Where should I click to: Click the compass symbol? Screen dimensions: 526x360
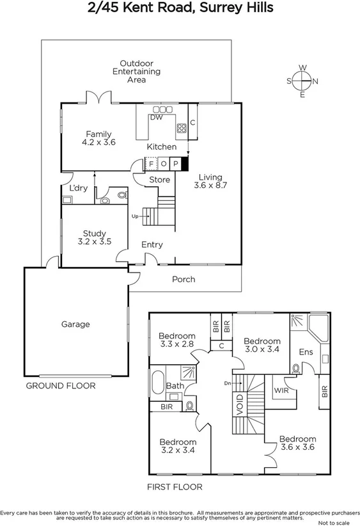[302, 81]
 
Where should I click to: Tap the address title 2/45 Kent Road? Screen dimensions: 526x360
[180, 8]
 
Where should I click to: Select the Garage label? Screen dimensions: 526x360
[75, 324]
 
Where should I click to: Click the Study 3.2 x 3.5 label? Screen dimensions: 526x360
[94, 238]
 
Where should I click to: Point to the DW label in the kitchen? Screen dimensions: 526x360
[156, 118]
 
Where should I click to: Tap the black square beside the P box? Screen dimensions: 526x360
[185, 164]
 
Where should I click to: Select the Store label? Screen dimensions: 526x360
[159, 180]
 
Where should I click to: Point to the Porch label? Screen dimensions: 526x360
[184, 279]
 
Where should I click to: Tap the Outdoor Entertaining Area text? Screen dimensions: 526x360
[136, 72]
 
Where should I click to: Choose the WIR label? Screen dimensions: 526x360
[279, 391]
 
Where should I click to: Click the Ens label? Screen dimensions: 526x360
[306, 351]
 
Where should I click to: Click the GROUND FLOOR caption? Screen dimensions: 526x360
[60, 386]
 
